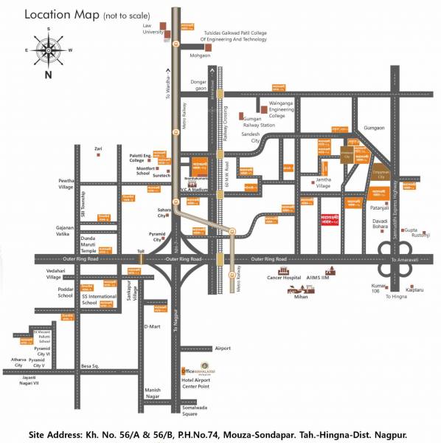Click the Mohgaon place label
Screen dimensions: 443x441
(201, 55)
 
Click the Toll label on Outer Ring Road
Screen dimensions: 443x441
(141, 252)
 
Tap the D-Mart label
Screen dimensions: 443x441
(153, 326)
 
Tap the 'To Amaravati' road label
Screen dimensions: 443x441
(404, 260)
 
